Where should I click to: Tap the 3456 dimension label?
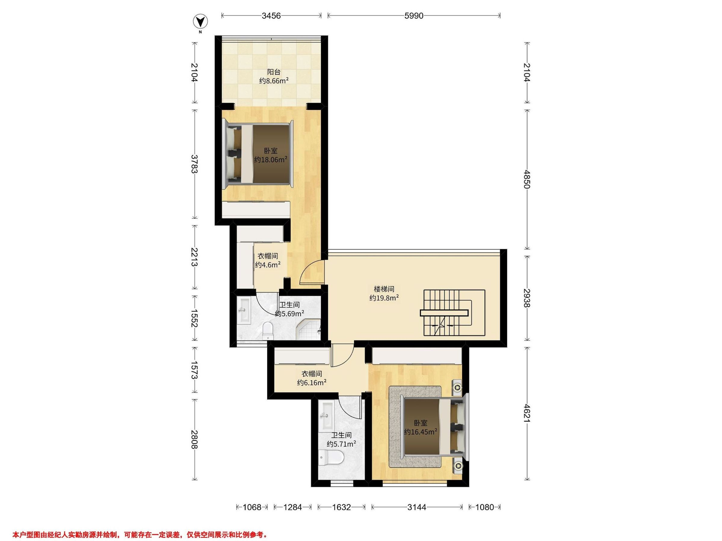click(x=271, y=16)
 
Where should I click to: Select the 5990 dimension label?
click(x=414, y=16)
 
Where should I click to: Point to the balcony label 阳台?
click(x=274, y=72)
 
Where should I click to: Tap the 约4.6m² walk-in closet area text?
click(x=268, y=264)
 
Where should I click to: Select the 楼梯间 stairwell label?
click(x=384, y=289)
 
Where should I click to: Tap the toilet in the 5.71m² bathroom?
click(x=331, y=457)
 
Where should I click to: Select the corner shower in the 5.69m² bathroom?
click(x=308, y=330)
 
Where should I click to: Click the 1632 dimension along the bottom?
click(x=341, y=507)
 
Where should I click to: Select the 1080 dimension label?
click(x=485, y=507)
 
